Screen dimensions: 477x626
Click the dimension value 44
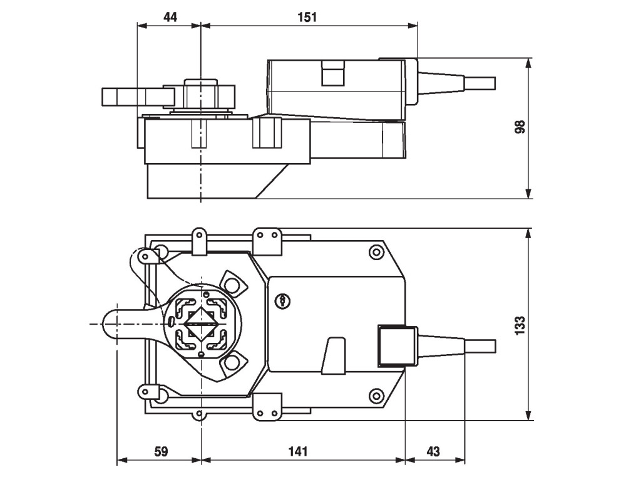170,17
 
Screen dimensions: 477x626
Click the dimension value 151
307,17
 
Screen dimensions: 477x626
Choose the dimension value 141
302,451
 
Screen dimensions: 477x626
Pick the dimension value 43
434,451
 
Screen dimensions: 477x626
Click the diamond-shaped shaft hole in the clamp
200,323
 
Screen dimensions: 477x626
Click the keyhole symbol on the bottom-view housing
283,301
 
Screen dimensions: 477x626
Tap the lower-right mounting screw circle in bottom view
376,396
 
